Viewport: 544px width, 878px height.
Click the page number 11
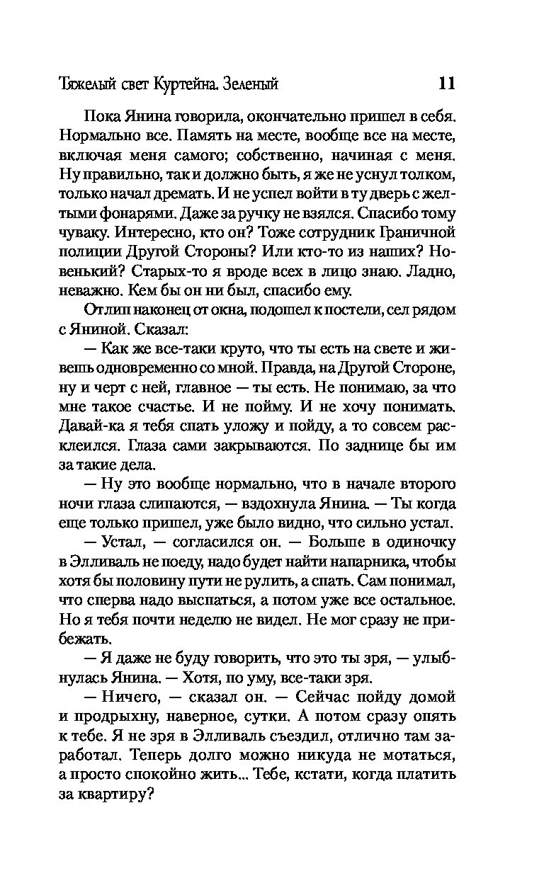(446, 84)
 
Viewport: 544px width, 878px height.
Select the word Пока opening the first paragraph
(99, 116)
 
